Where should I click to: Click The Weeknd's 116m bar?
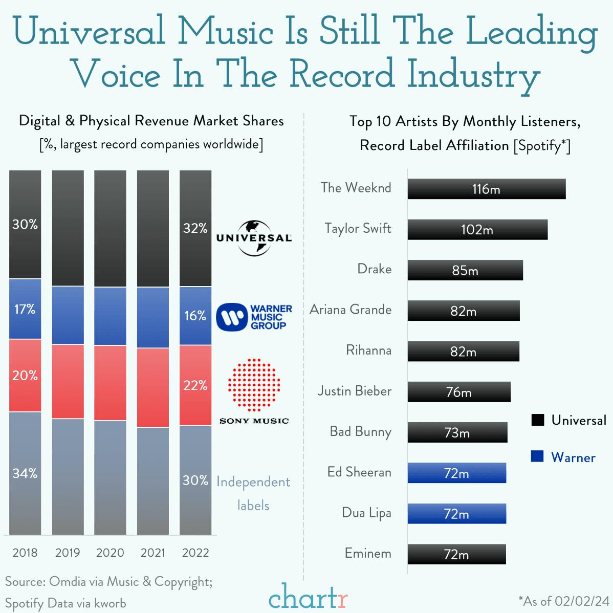pyautogui.click(x=486, y=189)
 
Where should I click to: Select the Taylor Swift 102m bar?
pyautogui.click(x=477, y=230)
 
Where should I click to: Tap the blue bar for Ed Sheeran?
pyautogui.click(x=456, y=473)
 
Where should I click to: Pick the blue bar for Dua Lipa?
pyautogui.click(x=456, y=514)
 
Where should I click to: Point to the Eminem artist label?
pyautogui.click(x=368, y=554)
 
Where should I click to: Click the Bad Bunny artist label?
pyautogui.click(x=360, y=432)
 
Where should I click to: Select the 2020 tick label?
pyautogui.click(x=110, y=553)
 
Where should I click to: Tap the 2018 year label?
pyautogui.click(x=25, y=553)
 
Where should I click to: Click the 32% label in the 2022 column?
pyautogui.click(x=195, y=228)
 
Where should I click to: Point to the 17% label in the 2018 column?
pyautogui.click(x=25, y=309)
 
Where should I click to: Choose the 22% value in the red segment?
pyautogui.click(x=195, y=385)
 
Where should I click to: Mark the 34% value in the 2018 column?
pyautogui.click(x=25, y=473)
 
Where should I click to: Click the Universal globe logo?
pyautogui.click(x=254, y=238)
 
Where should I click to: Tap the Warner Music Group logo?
pyautogui.click(x=254, y=317)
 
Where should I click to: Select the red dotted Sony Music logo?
pyautogui.click(x=254, y=385)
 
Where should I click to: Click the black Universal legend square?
pyautogui.click(x=537, y=420)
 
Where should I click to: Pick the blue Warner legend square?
pyautogui.click(x=537, y=456)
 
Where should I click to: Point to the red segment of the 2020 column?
pyautogui.click(x=110, y=383)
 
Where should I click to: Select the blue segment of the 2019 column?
pyautogui.click(x=68, y=315)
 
